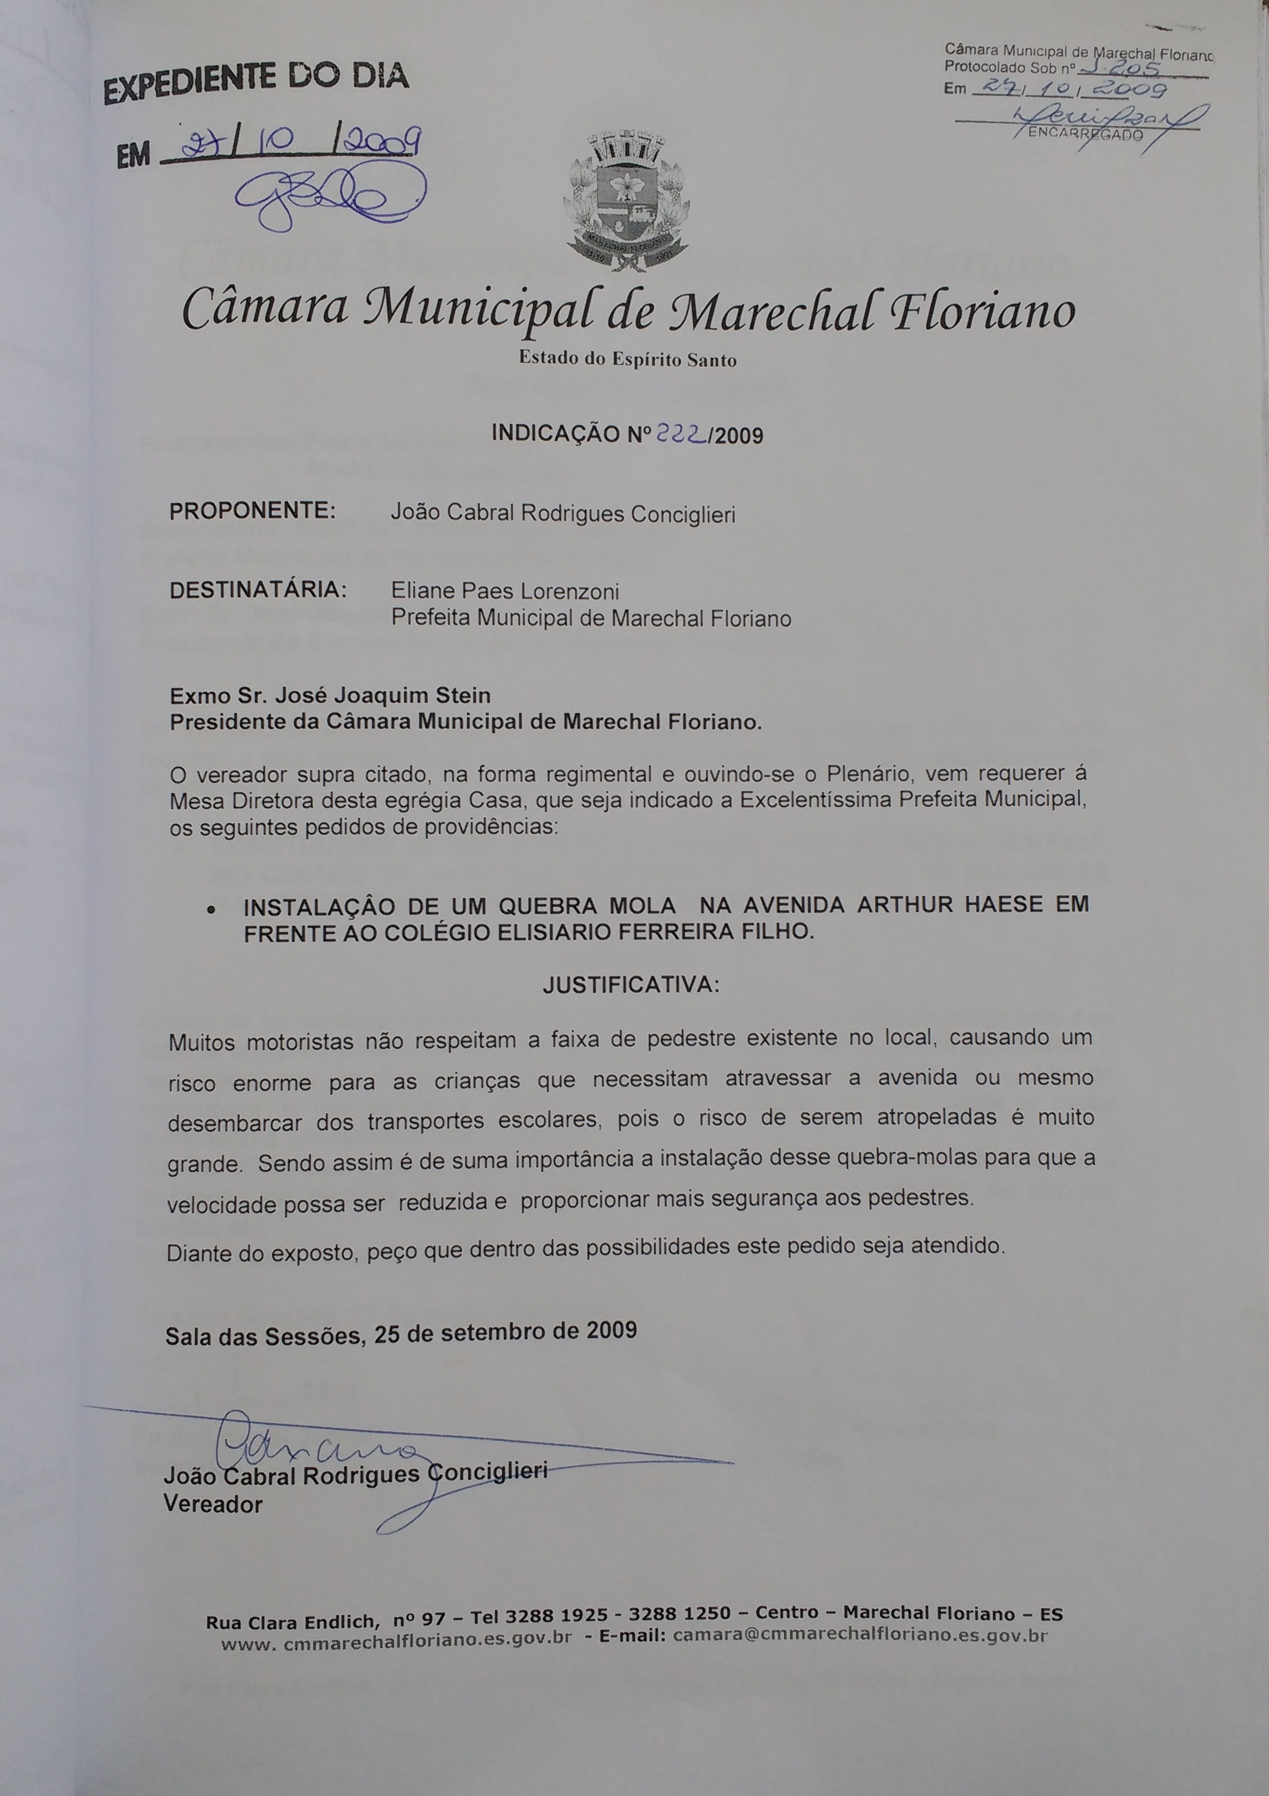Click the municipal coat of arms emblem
(626, 202)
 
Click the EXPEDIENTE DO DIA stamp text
(257, 84)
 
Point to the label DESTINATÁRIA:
(258, 589)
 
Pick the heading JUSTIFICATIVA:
(631, 984)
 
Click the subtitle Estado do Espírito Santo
(627, 360)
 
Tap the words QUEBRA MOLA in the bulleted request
(587, 906)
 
